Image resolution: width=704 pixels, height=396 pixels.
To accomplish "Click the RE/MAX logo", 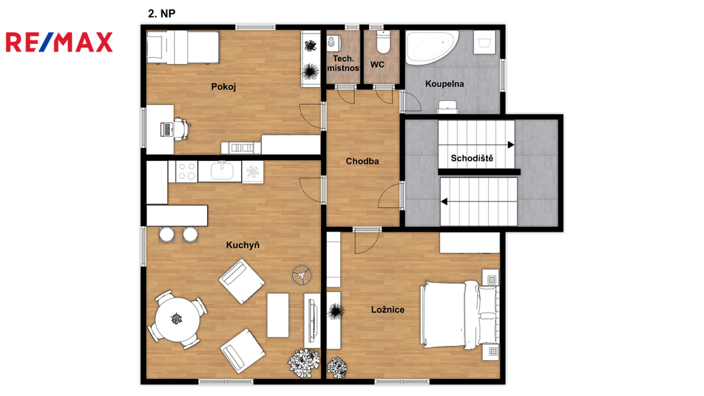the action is (x=59, y=42).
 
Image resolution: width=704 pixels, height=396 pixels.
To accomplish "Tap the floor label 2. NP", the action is (x=162, y=14).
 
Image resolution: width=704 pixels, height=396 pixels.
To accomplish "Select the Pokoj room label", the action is (x=223, y=87).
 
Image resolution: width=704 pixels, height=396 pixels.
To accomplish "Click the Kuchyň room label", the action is (x=243, y=245).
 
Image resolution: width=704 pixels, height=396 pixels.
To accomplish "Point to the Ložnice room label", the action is (x=388, y=309).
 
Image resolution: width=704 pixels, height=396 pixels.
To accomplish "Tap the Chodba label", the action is (x=362, y=161).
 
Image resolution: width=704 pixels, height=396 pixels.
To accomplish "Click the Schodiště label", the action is (x=472, y=158).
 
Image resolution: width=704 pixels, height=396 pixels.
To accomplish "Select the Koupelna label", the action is (x=445, y=83).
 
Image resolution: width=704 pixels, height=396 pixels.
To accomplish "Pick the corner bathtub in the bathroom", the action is (x=431, y=47).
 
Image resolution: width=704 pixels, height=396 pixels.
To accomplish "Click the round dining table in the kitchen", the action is (x=177, y=319).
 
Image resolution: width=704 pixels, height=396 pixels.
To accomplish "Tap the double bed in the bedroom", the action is (x=459, y=314).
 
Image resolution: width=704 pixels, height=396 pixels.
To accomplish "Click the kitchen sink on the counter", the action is (x=222, y=171).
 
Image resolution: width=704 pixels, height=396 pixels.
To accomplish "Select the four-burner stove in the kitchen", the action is (x=186, y=171).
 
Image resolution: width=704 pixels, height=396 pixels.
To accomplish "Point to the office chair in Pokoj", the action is (x=181, y=129).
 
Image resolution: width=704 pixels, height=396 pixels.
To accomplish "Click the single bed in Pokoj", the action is (x=183, y=47).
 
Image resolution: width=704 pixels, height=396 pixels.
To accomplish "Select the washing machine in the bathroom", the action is (x=485, y=43).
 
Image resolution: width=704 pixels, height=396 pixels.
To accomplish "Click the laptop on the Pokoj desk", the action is (x=166, y=129).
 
